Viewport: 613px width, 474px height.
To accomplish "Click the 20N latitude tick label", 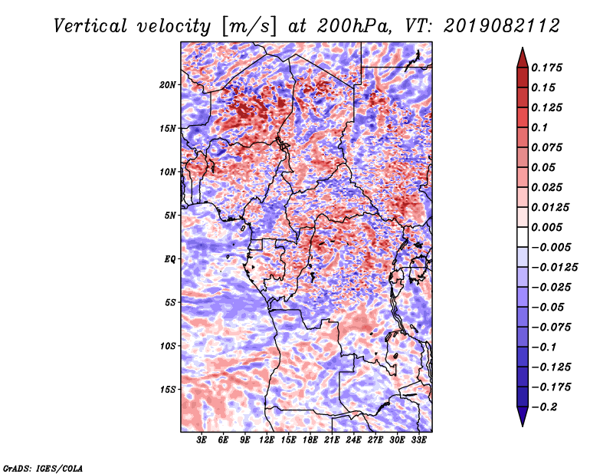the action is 167,85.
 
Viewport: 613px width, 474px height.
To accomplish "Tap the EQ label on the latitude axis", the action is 169,259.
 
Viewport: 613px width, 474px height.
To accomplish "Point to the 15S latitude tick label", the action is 167,390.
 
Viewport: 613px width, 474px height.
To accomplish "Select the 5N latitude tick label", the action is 169,216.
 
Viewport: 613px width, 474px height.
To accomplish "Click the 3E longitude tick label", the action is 202,440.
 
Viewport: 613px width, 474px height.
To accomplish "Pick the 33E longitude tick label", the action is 418,440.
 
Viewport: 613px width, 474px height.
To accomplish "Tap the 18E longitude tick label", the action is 310,440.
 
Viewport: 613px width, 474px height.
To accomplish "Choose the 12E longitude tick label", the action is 267,440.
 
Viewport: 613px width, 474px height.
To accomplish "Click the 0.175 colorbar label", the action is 546,67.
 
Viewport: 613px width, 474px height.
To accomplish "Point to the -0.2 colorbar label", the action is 544,407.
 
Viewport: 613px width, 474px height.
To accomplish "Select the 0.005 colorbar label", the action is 546,227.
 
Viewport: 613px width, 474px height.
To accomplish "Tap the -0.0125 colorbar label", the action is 554,268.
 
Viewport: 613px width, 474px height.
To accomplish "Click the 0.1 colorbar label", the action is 539,127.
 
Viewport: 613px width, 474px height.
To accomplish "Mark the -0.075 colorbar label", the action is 551,328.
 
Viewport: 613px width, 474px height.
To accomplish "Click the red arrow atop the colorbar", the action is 523,58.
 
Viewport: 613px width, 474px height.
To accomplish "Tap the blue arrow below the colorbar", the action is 523,416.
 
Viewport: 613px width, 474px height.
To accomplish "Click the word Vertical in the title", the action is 90,26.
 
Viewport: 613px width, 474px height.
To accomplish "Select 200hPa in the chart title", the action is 354,26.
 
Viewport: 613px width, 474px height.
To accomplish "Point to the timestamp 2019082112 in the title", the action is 502,26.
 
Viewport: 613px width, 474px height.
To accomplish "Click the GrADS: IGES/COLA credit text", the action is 43,468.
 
